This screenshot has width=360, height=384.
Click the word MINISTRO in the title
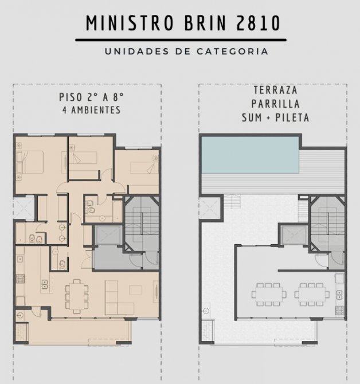click(x=130, y=23)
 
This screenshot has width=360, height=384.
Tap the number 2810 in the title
click(x=258, y=23)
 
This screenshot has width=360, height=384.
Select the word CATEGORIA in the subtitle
click(x=232, y=52)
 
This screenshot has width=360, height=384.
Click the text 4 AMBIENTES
click(x=92, y=110)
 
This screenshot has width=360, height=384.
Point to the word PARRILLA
click(x=276, y=104)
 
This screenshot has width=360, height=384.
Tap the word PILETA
click(x=292, y=117)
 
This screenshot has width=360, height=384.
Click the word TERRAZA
click(x=276, y=90)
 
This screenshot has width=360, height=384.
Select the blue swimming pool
click(x=250, y=155)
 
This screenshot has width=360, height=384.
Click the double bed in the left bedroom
click(x=30, y=162)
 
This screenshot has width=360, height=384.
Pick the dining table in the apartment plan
click(x=77, y=296)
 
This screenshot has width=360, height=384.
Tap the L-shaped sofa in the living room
click(x=119, y=298)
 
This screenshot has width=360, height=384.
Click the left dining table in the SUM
click(x=269, y=294)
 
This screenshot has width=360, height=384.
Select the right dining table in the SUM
click(x=312, y=294)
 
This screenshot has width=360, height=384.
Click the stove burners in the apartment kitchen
click(x=20, y=279)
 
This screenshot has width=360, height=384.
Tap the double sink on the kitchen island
click(x=44, y=284)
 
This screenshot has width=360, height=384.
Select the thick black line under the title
click(x=181, y=40)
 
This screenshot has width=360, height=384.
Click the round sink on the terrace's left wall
click(x=206, y=311)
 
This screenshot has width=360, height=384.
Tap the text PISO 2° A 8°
click(x=91, y=97)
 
